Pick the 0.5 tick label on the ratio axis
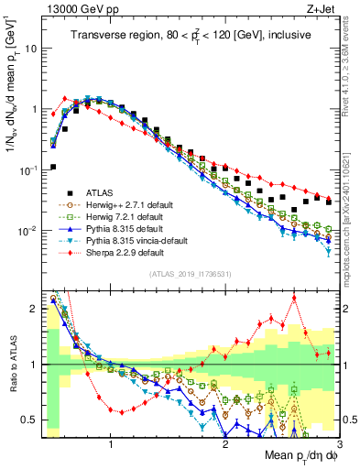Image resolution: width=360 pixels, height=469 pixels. pyautogui.click(x=29, y=420)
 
